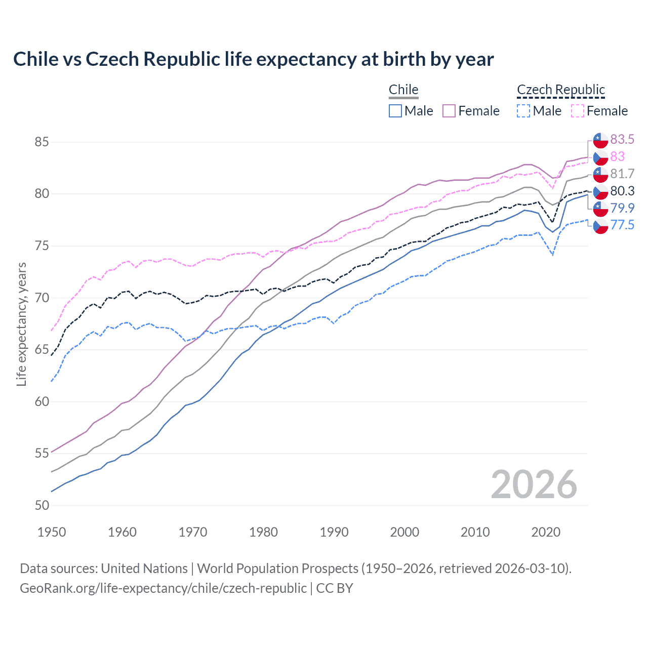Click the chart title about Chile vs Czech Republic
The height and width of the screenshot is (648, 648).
click(x=253, y=59)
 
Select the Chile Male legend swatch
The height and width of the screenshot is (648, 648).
click(x=395, y=111)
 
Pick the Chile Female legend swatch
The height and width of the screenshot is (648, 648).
click(x=449, y=111)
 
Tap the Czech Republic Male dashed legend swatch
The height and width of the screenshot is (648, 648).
click(x=523, y=111)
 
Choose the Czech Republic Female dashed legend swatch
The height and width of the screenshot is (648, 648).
click(x=578, y=111)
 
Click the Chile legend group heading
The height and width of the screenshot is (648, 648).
click(x=403, y=90)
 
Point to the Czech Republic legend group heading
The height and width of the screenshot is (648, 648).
click(x=561, y=90)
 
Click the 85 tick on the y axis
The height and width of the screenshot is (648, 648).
click(x=42, y=142)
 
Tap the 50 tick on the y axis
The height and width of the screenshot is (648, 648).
click(x=42, y=505)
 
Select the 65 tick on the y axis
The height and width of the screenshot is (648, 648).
click(x=42, y=350)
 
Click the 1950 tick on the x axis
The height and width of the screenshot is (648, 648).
click(x=52, y=532)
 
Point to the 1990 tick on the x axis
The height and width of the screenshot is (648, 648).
click(x=334, y=532)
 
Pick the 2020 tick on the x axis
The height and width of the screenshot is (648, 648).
click(x=546, y=532)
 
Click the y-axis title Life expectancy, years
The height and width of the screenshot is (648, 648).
click(x=22, y=324)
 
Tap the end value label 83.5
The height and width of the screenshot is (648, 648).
click(x=622, y=139)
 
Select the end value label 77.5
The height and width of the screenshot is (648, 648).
click(x=622, y=225)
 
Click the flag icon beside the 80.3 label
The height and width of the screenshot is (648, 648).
click(x=600, y=192)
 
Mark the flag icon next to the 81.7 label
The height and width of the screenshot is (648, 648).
click(x=600, y=175)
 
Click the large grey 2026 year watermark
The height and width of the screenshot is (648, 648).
click(x=534, y=484)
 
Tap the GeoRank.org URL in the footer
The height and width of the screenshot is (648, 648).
click(x=163, y=588)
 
